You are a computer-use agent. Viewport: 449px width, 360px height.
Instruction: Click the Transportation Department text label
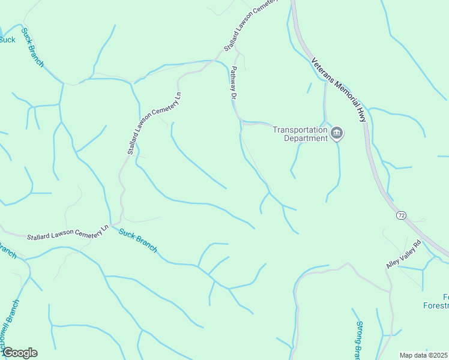click(300, 133)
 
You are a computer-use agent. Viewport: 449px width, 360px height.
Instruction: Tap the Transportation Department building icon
click(337, 133)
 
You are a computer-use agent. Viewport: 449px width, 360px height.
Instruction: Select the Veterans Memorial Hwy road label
click(339, 89)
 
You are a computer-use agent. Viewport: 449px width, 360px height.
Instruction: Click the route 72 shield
click(400, 214)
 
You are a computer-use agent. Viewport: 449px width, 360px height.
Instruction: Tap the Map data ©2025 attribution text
click(424, 355)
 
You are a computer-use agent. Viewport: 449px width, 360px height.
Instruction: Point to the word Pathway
click(232, 78)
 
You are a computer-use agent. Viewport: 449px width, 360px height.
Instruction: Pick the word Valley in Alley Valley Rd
click(406, 253)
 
